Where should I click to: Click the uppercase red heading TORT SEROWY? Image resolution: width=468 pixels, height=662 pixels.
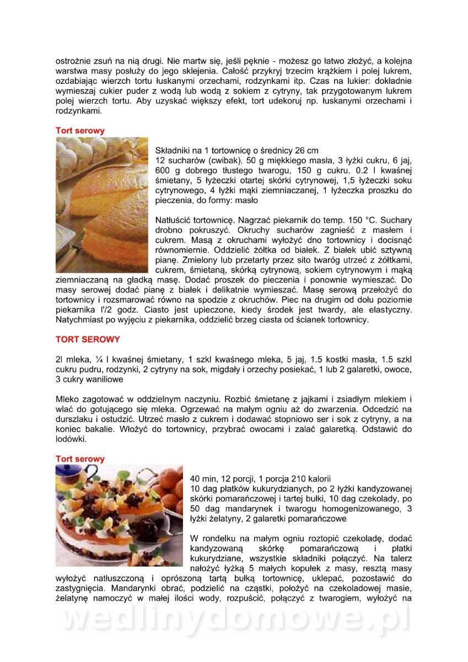coord(88,339)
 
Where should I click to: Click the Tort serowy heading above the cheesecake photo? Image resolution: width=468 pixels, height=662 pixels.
coord(80,131)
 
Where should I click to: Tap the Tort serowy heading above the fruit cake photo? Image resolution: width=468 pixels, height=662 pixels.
coord(80,459)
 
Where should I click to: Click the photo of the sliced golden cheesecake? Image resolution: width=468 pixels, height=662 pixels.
coord(102,205)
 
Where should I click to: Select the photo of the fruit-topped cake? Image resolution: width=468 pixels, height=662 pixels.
coord(119,516)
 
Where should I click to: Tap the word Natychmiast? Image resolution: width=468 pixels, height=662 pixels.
coord(82,319)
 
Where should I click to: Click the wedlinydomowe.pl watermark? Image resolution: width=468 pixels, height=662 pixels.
coord(234,619)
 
